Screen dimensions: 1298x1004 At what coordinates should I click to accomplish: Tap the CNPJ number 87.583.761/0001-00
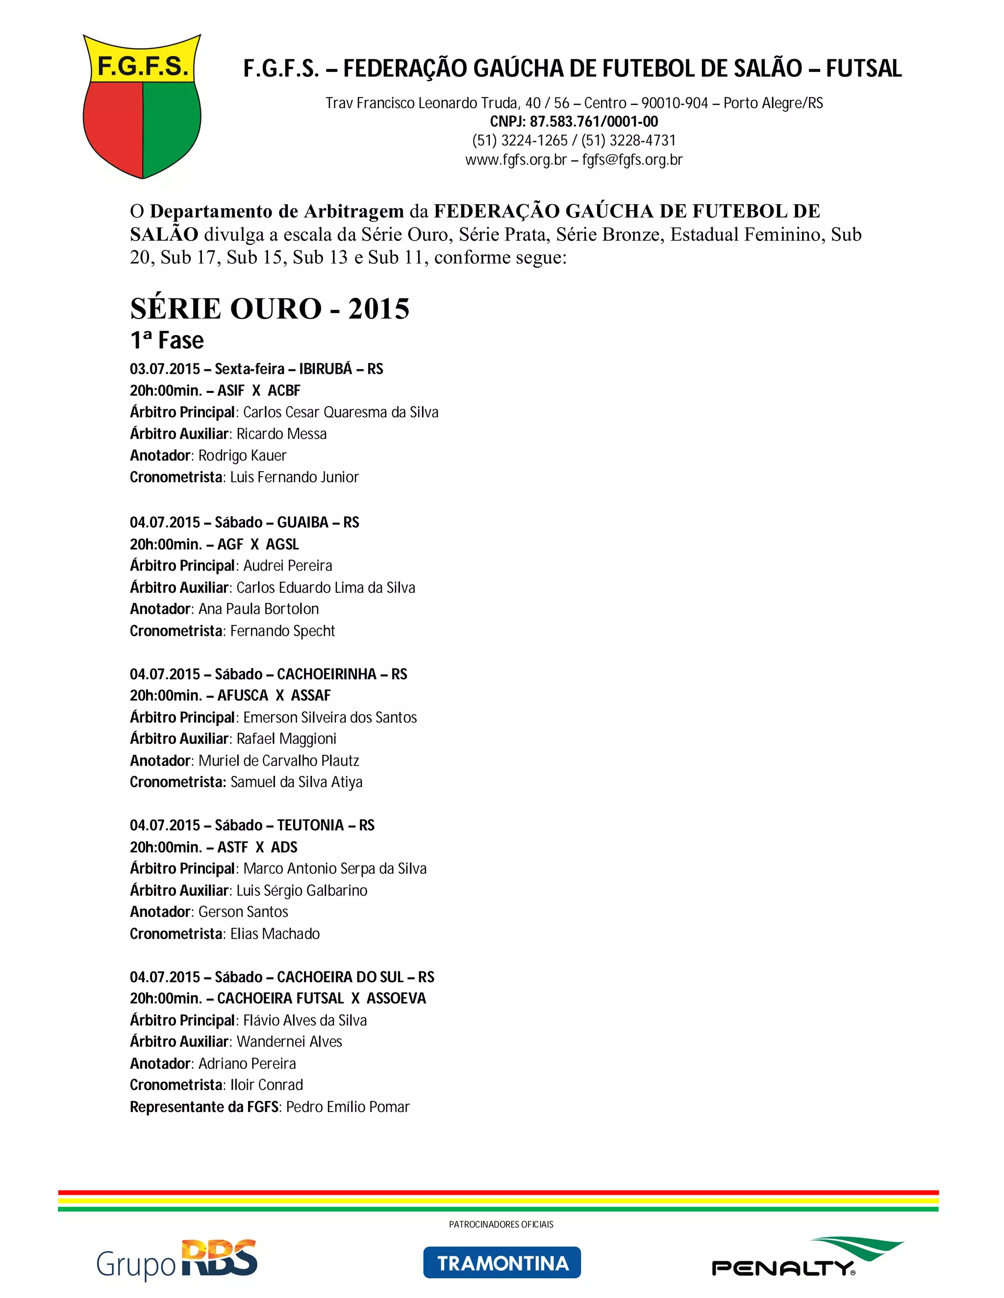(594, 122)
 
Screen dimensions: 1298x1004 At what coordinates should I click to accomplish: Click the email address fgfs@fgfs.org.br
(632, 160)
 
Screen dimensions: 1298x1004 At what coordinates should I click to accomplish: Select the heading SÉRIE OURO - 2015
(270, 309)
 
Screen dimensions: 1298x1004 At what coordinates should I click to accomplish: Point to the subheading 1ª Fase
(167, 340)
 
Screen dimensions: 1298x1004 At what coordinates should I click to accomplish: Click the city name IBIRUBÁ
(326, 369)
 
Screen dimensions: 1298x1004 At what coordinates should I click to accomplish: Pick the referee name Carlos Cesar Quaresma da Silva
(340, 412)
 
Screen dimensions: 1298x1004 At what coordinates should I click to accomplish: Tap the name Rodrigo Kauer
(242, 456)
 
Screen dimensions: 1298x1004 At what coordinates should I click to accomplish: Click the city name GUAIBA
(303, 523)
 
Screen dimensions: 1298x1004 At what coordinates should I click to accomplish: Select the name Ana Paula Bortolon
(259, 609)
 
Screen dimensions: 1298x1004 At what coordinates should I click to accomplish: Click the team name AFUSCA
(243, 696)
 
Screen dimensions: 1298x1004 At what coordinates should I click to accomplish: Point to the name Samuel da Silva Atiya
(296, 782)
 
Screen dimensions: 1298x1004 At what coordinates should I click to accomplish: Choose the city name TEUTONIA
(310, 825)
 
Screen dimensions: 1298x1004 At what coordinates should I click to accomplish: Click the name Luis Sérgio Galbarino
(301, 890)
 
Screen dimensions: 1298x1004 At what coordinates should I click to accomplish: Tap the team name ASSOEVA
(396, 998)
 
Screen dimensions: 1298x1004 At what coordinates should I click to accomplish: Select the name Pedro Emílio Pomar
(348, 1106)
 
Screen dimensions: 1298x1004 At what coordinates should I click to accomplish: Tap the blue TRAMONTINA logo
(502, 1262)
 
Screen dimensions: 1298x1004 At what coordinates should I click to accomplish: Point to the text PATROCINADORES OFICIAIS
(501, 1224)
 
